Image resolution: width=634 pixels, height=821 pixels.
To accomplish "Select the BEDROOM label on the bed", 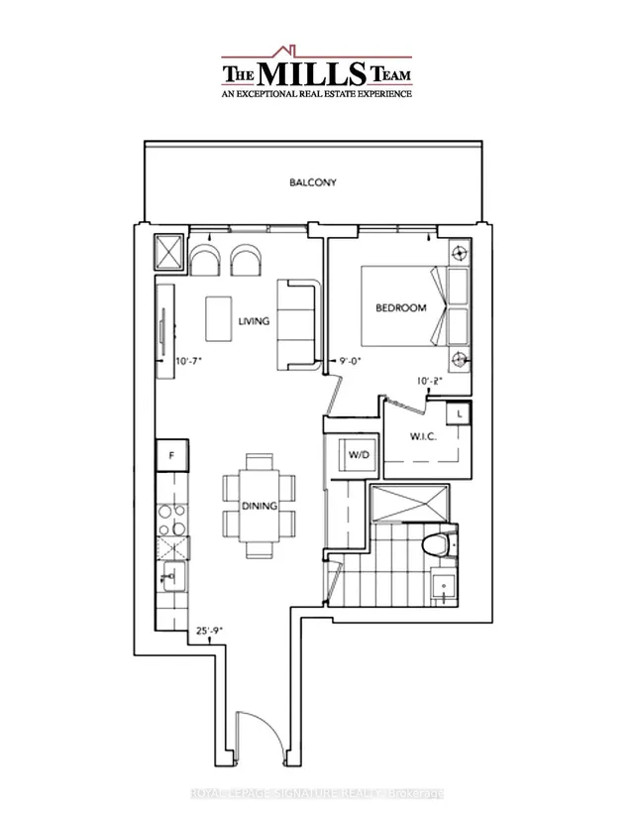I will point(400,308).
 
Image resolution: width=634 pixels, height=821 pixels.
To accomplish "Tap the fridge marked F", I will point(171,456).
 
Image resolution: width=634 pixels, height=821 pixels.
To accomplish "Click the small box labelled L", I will point(461,413).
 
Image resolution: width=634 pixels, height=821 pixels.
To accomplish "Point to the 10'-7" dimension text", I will point(186,362).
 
